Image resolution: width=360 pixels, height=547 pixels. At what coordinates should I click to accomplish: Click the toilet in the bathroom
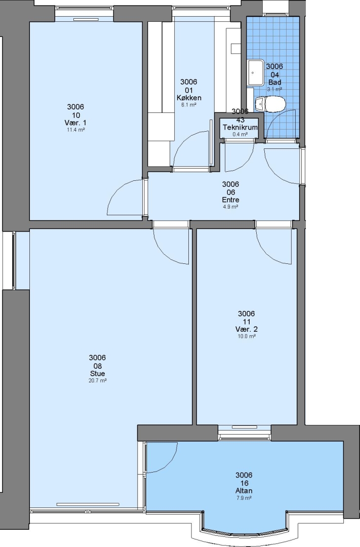pos(270,104)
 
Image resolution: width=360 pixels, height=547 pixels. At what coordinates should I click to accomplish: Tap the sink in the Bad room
pos(256,72)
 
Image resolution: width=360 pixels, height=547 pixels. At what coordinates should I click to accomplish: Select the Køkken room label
pos(189,98)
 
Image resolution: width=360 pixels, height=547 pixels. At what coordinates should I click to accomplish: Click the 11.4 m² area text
pos(76,130)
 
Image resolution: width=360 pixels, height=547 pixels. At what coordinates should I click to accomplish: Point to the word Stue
pos(97,374)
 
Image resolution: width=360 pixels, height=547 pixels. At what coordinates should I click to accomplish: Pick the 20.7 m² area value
pos(97,380)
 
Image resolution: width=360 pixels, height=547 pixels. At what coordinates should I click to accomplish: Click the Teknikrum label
pos(240,127)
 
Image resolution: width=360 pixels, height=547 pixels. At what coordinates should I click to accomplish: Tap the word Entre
pos(230,200)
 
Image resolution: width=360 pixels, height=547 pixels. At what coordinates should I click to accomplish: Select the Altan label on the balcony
pos(244,491)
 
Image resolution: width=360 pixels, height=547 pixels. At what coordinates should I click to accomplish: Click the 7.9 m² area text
pos(244,498)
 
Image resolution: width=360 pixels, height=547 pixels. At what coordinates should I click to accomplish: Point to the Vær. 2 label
pos(246,329)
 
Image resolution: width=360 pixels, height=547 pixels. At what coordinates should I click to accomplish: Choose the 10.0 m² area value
pos(246,336)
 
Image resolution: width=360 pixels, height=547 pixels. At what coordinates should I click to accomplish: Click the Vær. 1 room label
pos(76,123)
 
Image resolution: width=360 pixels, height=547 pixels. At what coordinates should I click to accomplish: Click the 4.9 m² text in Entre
pos(230,207)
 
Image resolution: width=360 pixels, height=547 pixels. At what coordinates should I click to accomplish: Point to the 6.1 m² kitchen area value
pos(189,105)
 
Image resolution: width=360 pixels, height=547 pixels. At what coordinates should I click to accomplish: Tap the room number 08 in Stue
pos(97,366)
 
